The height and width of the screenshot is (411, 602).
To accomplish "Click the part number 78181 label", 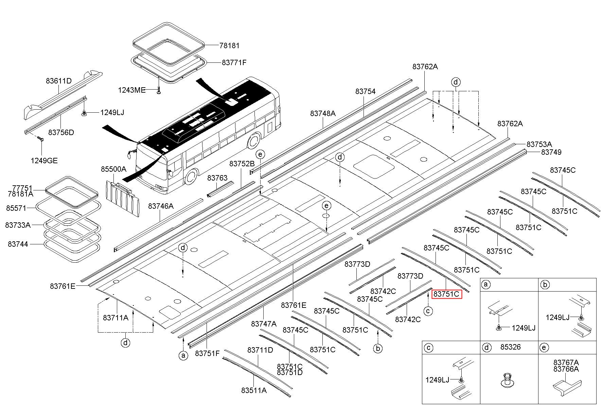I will (229, 45).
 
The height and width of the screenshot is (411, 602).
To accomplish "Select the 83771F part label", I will (234, 63).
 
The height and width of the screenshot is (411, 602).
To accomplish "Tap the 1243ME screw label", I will (131, 90).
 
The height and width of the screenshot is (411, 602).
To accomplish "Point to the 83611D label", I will (59, 81).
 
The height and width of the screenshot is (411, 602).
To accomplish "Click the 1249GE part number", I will (44, 161).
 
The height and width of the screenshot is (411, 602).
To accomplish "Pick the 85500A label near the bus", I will (113, 169).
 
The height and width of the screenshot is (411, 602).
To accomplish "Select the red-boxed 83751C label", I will (447, 294).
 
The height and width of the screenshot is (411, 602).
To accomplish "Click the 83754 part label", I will (366, 92).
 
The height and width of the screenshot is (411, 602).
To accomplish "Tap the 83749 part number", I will (551, 152).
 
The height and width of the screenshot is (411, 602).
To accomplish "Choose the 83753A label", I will (539, 144).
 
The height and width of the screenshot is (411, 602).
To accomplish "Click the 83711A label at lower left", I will (116, 318).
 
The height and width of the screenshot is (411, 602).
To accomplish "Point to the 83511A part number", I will (254, 391).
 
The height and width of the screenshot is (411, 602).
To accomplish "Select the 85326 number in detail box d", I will (510, 348).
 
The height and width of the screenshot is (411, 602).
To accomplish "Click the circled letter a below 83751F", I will (183, 355).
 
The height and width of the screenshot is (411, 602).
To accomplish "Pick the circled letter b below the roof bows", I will (377, 348).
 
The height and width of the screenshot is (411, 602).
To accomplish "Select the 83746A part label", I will (161, 206).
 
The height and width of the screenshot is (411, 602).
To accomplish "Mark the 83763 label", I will (217, 178).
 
